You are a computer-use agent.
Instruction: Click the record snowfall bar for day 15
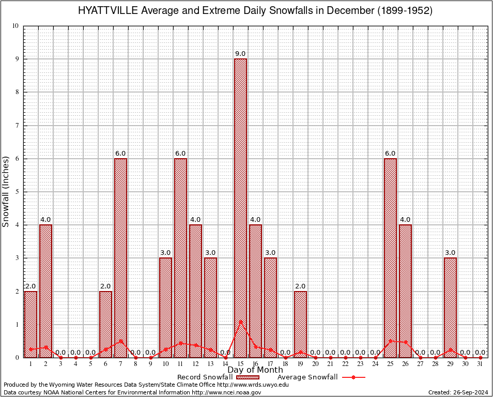[x=240, y=207]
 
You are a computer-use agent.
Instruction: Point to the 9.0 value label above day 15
[x=240, y=54]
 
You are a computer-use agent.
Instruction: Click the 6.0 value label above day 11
[x=180, y=154]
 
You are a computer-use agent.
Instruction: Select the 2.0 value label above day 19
[x=300, y=286]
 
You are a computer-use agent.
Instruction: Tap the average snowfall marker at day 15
[x=240, y=321]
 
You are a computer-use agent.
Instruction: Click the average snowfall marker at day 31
[x=480, y=357]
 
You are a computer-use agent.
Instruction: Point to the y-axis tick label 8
[x=17, y=92]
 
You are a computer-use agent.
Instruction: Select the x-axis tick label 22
[x=345, y=364]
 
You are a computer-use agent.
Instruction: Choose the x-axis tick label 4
[x=75, y=364]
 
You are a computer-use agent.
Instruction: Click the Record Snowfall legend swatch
[x=247, y=377]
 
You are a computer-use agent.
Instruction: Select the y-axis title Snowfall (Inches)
[x=6, y=191]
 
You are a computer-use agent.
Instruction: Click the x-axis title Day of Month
[x=255, y=370]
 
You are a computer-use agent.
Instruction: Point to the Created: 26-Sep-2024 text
[x=458, y=392]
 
